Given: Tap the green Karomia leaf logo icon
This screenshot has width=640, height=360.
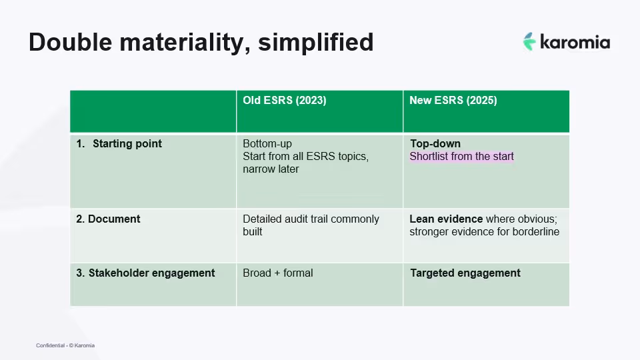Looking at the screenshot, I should point(529,41).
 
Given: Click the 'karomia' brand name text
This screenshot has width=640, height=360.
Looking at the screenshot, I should point(575,42).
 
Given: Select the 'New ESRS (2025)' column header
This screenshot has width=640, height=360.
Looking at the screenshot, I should point(453,101).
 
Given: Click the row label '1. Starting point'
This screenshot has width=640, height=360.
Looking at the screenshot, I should point(119,144).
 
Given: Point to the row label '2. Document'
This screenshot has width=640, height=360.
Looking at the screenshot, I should point(108,219).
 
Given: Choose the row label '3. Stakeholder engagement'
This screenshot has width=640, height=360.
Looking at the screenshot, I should point(145,273).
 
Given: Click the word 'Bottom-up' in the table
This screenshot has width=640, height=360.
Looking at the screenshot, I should point(267,144).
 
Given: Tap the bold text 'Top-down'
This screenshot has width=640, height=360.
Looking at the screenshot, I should point(435,144).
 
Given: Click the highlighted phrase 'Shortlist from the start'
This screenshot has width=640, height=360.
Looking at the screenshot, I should point(461,157).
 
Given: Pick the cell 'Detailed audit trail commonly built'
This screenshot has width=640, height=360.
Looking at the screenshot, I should point(311,225).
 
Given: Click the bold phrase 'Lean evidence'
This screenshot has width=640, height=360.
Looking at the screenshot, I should point(446,219).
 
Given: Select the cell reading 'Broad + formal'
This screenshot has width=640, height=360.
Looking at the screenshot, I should point(277,273).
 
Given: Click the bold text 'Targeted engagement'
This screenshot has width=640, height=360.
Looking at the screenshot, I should point(465,273).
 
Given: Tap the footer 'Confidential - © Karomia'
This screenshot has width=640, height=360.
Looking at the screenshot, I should point(65,345).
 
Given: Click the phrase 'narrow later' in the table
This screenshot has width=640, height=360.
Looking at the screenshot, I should point(271,169).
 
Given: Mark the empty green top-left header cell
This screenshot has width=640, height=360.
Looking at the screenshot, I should point(153,111).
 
